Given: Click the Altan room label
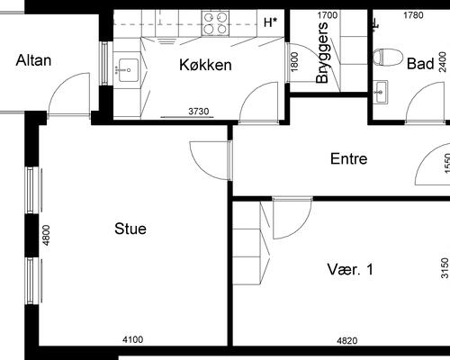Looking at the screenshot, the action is [33, 60].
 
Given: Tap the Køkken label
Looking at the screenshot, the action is [205, 65].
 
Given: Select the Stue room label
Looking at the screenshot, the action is [130, 229].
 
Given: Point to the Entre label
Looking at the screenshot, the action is [348, 158].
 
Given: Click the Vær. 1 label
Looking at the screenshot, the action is [350, 269].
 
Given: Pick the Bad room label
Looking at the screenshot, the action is [420, 64].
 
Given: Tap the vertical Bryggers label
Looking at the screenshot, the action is [322, 53].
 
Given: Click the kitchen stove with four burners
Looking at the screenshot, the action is [215, 22].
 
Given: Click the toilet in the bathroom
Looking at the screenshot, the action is [388, 57].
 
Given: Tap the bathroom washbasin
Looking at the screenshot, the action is [380, 92].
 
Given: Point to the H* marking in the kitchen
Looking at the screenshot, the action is [270, 22].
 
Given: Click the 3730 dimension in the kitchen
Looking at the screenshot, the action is [199, 112].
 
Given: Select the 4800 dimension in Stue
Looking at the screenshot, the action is [46, 235].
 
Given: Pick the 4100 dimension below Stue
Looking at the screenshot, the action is [133, 339].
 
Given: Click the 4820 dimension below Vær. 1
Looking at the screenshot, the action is [347, 340].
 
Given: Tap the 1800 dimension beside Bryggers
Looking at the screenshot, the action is [294, 62].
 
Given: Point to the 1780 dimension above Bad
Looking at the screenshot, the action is [413, 15].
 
